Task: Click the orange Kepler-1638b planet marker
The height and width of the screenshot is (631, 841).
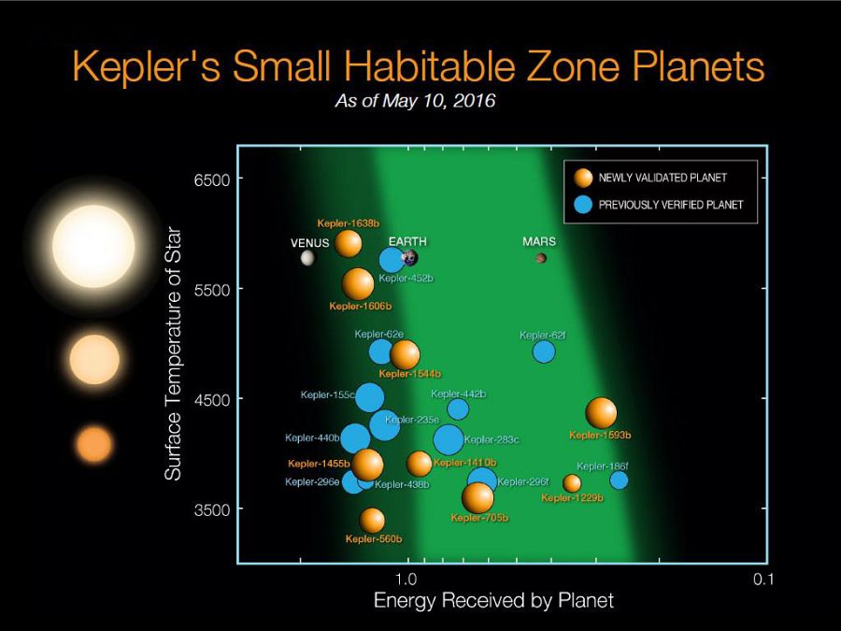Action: click(x=349, y=243)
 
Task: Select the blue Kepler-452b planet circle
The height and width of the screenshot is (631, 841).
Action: click(x=392, y=260)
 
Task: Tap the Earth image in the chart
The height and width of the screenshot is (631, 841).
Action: click(x=409, y=257)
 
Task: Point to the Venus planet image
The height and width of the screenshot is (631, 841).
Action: click(x=306, y=258)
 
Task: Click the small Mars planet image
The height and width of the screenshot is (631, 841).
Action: click(x=541, y=258)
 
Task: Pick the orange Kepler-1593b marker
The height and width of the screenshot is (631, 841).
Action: click(x=601, y=411)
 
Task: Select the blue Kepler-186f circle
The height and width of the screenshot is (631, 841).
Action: click(x=619, y=480)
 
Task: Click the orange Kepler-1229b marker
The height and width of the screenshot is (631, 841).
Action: click(x=572, y=483)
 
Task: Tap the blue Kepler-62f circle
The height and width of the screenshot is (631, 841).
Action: click(x=544, y=351)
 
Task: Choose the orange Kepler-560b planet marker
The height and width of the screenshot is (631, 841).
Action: click(x=372, y=520)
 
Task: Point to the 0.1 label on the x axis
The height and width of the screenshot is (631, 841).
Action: click(x=763, y=580)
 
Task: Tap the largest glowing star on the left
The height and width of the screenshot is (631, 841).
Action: click(x=93, y=246)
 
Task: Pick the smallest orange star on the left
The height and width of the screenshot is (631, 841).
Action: click(x=93, y=444)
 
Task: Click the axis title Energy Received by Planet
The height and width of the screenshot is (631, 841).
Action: click(x=493, y=600)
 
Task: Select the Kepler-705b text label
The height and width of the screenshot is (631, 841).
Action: click(x=479, y=518)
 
